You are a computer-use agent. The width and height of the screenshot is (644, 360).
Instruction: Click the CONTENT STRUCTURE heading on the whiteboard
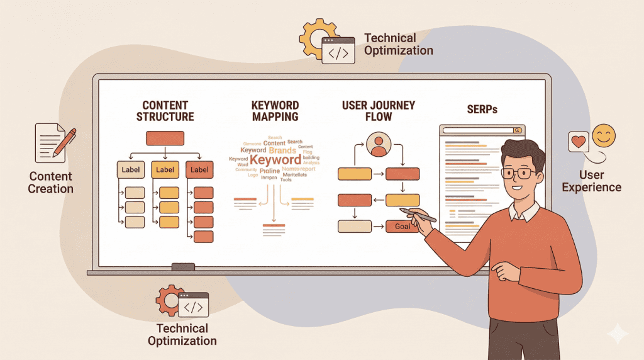pyautogui.click(x=165, y=111)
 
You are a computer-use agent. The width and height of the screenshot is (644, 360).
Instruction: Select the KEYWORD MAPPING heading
pyautogui.click(x=275, y=111)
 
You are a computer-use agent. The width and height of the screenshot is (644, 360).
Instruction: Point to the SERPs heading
pyautogui.click(x=482, y=110)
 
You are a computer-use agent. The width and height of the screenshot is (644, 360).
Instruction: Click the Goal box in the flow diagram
pyautogui.click(x=402, y=226)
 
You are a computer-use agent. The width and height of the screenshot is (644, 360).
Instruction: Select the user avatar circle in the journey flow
pyautogui.click(x=379, y=144)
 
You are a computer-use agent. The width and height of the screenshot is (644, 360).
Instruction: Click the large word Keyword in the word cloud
pyautogui.click(x=275, y=160)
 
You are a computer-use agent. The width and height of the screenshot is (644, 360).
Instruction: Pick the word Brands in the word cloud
pyautogui.click(x=282, y=150)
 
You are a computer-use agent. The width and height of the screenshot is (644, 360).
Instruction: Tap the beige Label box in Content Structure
pyautogui.click(x=131, y=169)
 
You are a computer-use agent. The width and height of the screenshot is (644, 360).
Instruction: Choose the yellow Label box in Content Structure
pyautogui.click(x=165, y=169)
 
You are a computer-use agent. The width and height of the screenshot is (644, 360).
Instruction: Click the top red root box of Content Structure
pyautogui.click(x=165, y=138)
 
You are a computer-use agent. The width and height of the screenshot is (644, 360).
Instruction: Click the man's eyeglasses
pyautogui.click(x=519, y=172)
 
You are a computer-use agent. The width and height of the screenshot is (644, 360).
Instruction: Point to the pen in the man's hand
pyautogui.click(x=418, y=215)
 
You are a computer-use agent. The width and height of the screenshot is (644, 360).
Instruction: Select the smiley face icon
pyautogui.click(x=604, y=136)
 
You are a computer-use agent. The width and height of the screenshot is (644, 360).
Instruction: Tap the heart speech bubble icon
pyautogui.click(x=578, y=141)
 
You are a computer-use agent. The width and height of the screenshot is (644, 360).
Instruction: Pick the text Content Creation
pyautogui.click(x=50, y=183)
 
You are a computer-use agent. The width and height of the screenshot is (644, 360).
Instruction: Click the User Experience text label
pyautogui.click(x=591, y=181)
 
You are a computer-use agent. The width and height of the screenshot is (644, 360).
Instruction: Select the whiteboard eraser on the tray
pyautogui.click(x=183, y=266)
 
